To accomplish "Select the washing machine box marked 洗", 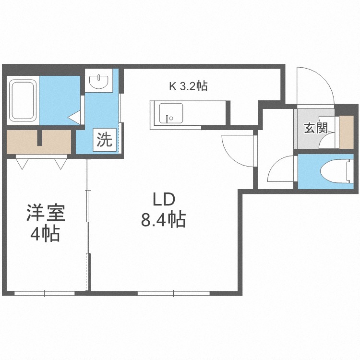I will (105, 140).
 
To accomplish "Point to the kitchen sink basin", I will (170, 113).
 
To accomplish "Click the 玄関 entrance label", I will (315, 128).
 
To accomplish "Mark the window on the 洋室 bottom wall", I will (44, 292).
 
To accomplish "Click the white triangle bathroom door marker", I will (74, 116).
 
